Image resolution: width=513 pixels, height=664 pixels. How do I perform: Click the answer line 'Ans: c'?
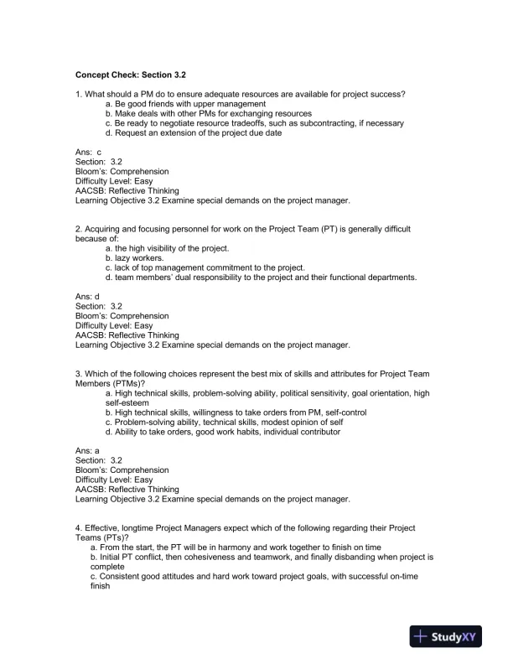point(88,152)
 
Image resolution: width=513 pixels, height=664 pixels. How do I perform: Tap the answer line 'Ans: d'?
point(88,296)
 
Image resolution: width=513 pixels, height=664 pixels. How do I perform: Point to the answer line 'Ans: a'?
point(88,450)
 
